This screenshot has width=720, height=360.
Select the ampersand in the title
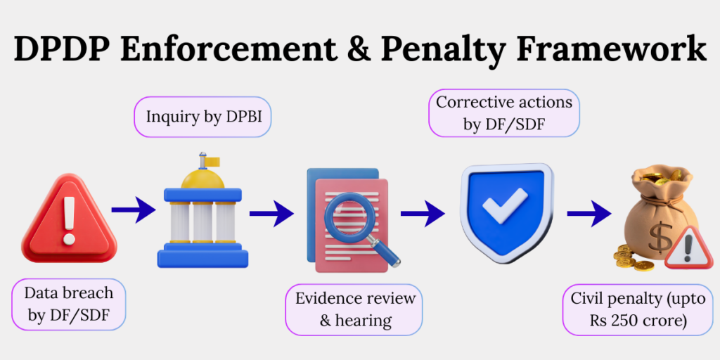coord(357,49)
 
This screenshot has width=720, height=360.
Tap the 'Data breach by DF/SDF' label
coord(69,304)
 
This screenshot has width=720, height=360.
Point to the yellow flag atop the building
coord(212,161)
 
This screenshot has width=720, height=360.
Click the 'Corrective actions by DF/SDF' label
coord(504,113)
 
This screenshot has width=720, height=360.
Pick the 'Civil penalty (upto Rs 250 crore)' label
coord(631,309)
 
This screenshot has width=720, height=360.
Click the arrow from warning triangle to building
coord(134,210)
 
